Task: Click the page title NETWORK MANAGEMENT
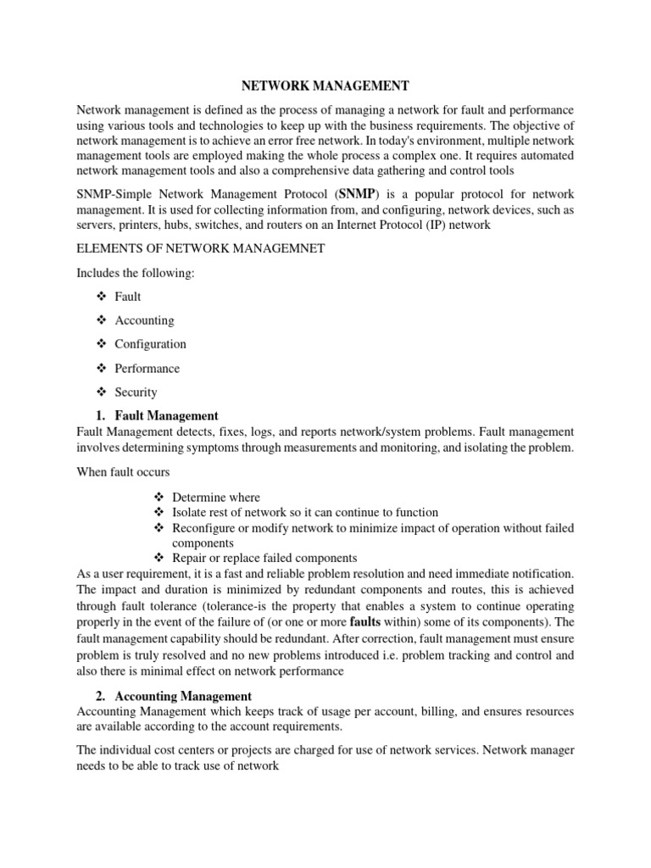[x=325, y=86]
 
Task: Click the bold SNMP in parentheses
[x=357, y=193]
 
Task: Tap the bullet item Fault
[x=128, y=297]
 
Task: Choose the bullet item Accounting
[x=144, y=320]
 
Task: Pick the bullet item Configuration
[x=150, y=344]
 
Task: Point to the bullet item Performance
[x=147, y=369]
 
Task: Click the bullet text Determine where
[x=215, y=498]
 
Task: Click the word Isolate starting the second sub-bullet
[x=191, y=513]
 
